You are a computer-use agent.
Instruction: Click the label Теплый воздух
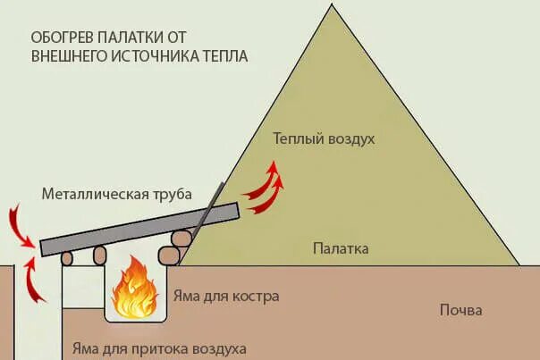click(323, 140)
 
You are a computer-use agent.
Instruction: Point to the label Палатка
click(340, 247)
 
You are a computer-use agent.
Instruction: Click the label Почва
click(460, 311)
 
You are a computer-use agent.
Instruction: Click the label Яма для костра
click(228, 296)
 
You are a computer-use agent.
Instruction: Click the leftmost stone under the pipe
click(67, 258)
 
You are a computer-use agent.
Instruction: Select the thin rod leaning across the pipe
click(207, 214)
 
